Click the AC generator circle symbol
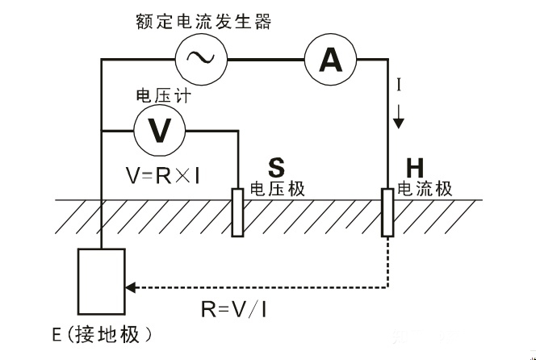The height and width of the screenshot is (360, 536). [202, 57]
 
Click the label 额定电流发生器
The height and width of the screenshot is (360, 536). [203, 20]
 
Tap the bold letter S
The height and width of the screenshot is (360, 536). [277, 167]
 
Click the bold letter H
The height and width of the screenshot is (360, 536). [415, 167]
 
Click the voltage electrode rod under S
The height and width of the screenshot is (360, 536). [238, 211]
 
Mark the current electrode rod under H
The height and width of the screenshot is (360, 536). [387, 211]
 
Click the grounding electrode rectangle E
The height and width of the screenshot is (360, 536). [101, 282]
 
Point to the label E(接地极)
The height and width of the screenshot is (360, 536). [111, 333]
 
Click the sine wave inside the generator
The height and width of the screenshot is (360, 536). [202, 57]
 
